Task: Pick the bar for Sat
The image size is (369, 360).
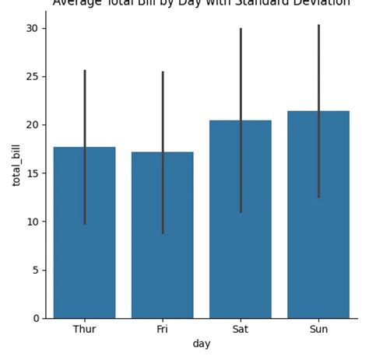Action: [241, 233]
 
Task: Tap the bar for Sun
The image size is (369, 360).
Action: [318, 233]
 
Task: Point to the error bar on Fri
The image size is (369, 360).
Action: [162, 109]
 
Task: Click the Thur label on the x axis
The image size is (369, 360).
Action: [84, 329]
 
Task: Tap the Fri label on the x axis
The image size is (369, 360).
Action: [162, 329]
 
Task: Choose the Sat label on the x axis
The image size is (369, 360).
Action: [241, 329]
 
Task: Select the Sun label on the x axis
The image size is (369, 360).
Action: [318, 329]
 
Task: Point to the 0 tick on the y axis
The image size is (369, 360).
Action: [35, 318]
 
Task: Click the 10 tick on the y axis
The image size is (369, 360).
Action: [32, 222]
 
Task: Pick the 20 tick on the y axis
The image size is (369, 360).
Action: [32, 124]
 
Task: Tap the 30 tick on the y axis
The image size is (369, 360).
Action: [32, 28]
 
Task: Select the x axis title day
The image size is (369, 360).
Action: [201, 344]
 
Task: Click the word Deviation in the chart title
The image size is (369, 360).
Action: [323, 4]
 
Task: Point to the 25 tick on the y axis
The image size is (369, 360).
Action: [32, 76]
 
